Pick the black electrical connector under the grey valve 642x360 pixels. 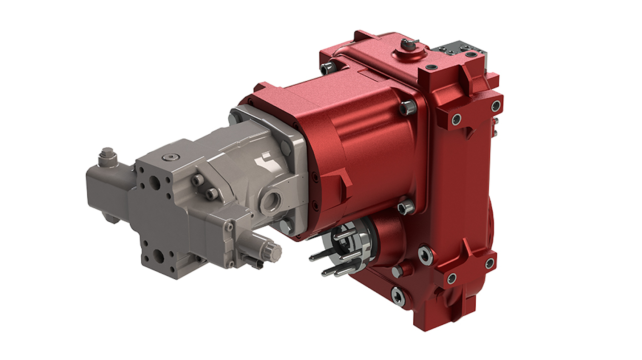tap(252, 264)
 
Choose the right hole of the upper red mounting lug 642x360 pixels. tap(495, 106)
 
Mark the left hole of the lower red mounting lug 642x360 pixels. tap(452, 278)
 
